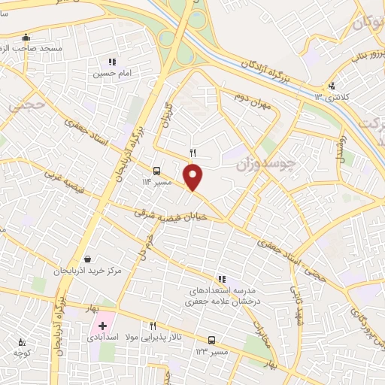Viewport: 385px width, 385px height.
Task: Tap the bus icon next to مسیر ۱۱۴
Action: coord(156,171)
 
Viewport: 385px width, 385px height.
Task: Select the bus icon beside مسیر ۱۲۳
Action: coord(212,340)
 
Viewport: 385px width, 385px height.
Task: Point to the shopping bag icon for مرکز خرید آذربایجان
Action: coord(89,259)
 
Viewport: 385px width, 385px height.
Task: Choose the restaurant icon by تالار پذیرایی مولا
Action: coord(153,326)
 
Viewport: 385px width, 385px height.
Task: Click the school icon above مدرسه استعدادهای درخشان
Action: coord(221,280)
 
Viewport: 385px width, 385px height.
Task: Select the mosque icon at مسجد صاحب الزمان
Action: coord(26,37)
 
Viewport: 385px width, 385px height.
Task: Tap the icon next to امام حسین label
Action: coord(112,62)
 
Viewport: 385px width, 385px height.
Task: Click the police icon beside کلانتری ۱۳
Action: coord(332,86)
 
